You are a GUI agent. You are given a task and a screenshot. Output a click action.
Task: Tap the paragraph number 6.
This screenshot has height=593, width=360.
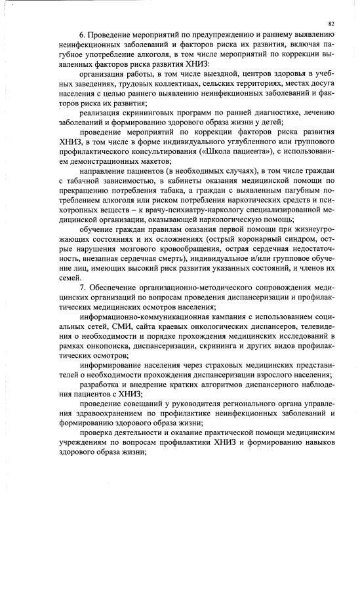pos(81,33)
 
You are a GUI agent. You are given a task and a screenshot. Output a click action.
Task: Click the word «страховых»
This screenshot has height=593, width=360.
pos(211,365)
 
